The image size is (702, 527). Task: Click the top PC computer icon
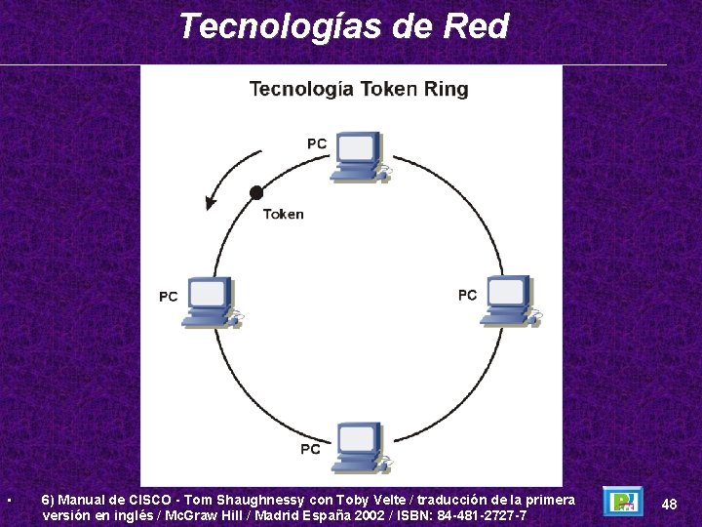358,155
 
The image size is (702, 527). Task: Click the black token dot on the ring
256,192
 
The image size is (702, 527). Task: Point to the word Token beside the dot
283,215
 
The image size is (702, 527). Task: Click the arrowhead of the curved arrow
210,203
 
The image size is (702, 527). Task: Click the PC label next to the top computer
317,143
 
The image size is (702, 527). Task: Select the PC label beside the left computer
169,296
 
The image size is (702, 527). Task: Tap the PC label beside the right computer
467,295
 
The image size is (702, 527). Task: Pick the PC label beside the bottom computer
310,449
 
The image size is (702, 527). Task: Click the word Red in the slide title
476,26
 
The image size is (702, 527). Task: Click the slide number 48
669,504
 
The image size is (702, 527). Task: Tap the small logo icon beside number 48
622,502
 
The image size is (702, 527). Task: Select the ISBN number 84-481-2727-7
484,515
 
